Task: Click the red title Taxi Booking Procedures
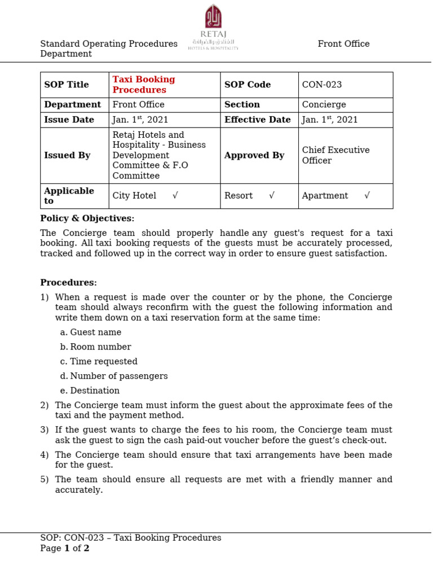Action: coord(144,85)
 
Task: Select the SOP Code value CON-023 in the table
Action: coord(322,85)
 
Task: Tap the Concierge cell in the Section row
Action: coord(324,104)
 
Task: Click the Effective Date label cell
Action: coord(258,120)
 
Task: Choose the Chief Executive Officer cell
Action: coord(336,155)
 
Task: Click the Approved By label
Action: coord(254,155)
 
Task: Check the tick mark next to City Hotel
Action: coord(175,196)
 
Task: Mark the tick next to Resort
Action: coord(272,196)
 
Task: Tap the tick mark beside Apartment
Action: coord(367,196)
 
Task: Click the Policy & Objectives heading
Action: coord(87,218)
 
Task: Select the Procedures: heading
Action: coord(69,283)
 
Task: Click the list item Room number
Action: coord(100,347)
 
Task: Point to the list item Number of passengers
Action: coord(119,376)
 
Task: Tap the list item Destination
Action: coord(95,391)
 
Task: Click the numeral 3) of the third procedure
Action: coord(45,430)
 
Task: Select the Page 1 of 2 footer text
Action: coord(65,548)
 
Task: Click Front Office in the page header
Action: coord(343,44)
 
